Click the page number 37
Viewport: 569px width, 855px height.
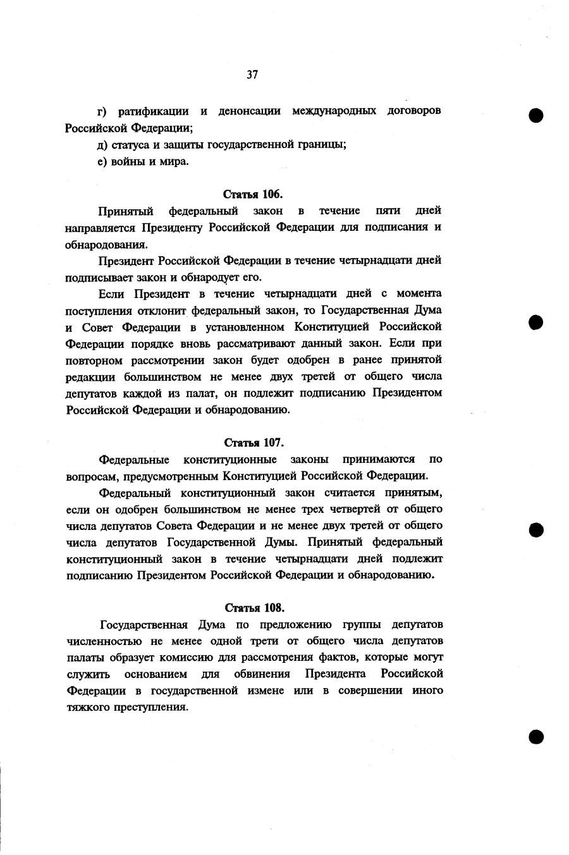(x=252, y=75)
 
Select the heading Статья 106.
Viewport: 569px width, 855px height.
(x=254, y=194)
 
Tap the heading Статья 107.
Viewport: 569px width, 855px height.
(x=254, y=442)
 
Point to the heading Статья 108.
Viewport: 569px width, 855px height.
(x=254, y=608)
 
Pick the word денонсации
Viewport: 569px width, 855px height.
(x=250, y=111)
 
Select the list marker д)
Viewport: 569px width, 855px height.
(x=102, y=145)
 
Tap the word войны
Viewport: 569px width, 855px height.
(x=126, y=161)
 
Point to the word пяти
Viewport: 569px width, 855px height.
(x=388, y=211)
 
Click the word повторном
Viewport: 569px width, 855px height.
(x=95, y=360)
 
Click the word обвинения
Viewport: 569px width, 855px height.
(x=262, y=674)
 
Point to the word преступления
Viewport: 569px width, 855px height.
(x=150, y=707)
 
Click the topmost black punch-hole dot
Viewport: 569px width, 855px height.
(x=537, y=116)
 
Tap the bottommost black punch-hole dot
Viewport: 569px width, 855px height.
(x=537, y=735)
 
